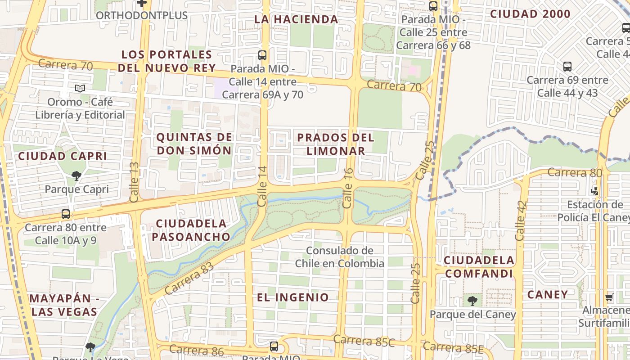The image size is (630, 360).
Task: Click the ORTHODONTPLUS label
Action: [142, 15]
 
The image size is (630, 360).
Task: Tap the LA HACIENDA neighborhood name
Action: [296, 19]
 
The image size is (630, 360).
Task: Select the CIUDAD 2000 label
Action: [530, 14]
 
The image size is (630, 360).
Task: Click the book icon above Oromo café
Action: [80, 89]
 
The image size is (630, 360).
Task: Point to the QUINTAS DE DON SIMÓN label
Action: [194, 144]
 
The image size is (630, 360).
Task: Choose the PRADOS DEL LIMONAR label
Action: [336, 144]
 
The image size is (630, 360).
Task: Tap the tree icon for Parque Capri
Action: [76, 176]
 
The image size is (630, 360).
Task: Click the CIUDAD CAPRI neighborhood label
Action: [63, 156]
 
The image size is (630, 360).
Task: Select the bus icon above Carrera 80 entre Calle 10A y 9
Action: [66, 214]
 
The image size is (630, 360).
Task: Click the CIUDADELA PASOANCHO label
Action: [191, 230]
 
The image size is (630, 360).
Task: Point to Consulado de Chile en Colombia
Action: [339, 257]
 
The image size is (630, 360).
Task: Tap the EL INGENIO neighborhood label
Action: [293, 297]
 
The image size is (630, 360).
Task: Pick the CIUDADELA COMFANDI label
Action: [479, 267]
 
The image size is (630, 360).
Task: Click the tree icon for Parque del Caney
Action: [472, 301]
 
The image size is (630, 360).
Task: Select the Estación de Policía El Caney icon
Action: [595, 191]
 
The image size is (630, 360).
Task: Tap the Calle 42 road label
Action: [520, 220]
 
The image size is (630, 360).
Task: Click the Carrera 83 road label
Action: [189, 279]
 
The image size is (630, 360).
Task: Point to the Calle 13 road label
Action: [135, 182]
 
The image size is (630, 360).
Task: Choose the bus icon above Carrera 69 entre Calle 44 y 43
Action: [567, 67]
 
